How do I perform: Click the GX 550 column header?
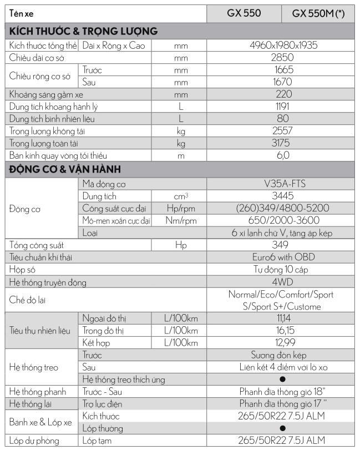click(x=244, y=13)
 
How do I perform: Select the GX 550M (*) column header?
click(x=318, y=14)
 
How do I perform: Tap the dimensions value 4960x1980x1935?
click(x=282, y=45)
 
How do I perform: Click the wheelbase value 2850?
click(x=282, y=58)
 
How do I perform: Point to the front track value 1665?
click(x=282, y=70)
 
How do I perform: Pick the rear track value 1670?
click(x=282, y=82)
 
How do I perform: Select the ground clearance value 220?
click(x=282, y=94)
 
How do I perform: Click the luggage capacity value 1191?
click(x=282, y=107)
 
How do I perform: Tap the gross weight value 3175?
click(x=282, y=143)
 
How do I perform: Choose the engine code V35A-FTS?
click(x=282, y=184)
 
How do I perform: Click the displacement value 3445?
click(x=282, y=196)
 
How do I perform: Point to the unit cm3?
click(x=181, y=196)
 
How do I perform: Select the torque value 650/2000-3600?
click(x=282, y=220)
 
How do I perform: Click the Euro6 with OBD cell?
click(x=282, y=257)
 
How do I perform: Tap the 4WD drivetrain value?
click(x=282, y=282)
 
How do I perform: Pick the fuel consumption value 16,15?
click(x=282, y=330)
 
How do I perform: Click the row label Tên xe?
click(x=22, y=14)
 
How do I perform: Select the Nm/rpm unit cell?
click(x=181, y=220)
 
